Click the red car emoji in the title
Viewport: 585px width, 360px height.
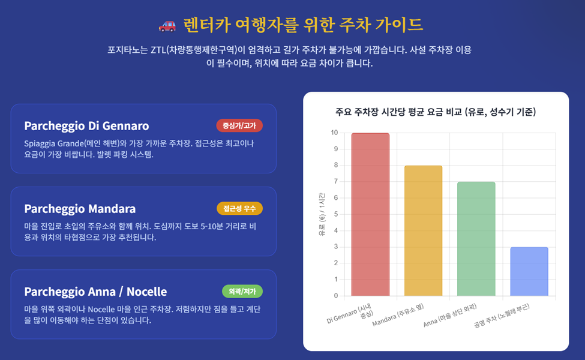(x=167, y=25)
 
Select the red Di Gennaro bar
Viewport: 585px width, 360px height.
(x=370, y=215)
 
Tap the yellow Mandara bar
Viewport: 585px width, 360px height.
(x=423, y=230)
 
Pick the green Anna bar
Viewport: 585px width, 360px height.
(x=476, y=239)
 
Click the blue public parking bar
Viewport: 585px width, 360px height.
(x=529, y=272)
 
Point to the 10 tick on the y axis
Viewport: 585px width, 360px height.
(x=334, y=133)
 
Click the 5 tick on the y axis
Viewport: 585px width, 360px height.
(x=336, y=214)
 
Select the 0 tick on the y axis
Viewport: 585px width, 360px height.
(x=336, y=296)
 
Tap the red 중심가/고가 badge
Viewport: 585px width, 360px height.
(x=239, y=126)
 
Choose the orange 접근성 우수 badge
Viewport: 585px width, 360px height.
(x=239, y=209)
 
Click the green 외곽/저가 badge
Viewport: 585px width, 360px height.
(x=242, y=292)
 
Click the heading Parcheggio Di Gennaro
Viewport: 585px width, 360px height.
(x=86, y=126)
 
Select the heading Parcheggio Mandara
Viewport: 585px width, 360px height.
(x=80, y=209)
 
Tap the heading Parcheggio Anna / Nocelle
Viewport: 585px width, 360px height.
(x=95, y=292)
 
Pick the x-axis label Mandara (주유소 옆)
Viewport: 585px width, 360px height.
(x=398, y=315)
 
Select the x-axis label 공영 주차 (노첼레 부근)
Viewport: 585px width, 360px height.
(x=502, y=316)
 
